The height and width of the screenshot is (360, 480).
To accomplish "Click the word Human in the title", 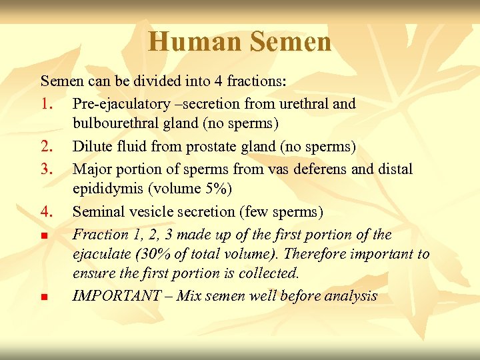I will click(x=195, y=42).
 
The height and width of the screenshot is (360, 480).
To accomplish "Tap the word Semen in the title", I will click(x=291, y=42).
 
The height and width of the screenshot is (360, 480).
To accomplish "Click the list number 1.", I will click(x=47, y=104).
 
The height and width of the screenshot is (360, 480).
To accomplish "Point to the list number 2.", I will click(x=47, y=147).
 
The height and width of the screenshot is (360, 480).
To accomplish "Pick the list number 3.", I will click(x=47, y=169).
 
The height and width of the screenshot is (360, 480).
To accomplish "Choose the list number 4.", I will click(x=47, y=212).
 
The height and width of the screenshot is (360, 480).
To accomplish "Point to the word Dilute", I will click(x=91, y=147).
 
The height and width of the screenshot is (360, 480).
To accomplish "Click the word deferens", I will click(x=319, y=169).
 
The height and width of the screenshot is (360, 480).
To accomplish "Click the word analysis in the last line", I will click(x=353, y=296).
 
